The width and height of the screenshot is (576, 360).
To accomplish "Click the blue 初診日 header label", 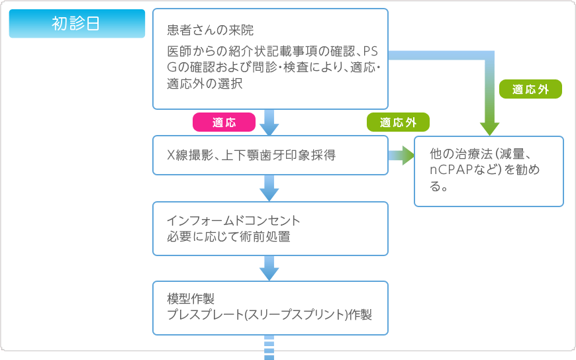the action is pos(77,24).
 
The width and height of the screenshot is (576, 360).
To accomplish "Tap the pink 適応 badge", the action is pos(224,122).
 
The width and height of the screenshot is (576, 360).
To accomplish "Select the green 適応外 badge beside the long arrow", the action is pos(530,89).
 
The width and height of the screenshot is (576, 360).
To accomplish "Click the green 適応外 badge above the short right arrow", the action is pos(398,122).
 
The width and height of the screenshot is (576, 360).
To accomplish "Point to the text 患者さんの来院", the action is pos(210,30).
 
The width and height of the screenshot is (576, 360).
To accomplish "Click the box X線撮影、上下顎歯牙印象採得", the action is pos(270,155).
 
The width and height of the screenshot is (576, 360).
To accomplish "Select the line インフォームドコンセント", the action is pos(234,220).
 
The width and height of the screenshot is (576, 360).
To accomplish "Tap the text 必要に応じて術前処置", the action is pos(228,236).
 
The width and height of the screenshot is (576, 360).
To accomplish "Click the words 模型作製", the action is pos(191,298).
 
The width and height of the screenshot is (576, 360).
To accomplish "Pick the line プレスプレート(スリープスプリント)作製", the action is pos(269,315).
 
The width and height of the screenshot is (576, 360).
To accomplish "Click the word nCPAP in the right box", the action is pos(453,169).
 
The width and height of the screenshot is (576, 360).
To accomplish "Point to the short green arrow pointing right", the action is pos(401,156).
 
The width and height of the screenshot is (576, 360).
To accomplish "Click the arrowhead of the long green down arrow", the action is pos(489,129).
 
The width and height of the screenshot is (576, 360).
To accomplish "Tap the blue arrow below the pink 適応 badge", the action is pos(269,122).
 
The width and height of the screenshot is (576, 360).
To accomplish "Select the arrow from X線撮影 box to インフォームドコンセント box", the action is pos(269,188).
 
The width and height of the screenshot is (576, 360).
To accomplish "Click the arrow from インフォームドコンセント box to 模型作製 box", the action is pos(269,268).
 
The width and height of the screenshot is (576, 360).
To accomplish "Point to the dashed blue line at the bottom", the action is pos(269,347).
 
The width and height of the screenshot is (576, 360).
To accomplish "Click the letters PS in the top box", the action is pos(370,51).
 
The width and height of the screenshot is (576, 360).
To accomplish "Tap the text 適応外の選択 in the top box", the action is pos(205,84).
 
